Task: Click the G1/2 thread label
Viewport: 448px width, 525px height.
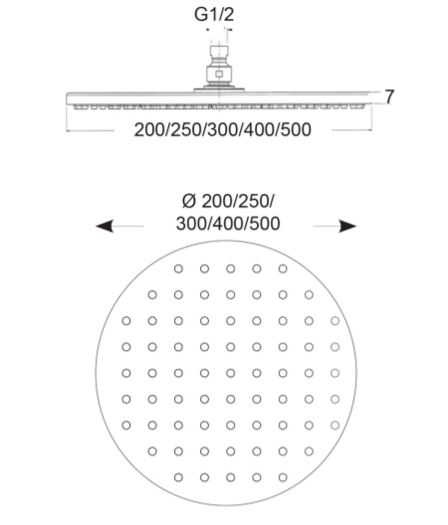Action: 214,14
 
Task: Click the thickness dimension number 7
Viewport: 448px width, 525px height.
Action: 389,96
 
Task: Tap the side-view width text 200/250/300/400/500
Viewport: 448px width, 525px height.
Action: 223,129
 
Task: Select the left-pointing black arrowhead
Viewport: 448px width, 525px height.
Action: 104,226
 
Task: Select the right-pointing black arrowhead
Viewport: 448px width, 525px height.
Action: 347,226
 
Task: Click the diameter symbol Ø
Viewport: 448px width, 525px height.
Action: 189,201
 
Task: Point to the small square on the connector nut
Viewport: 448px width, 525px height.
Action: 219,75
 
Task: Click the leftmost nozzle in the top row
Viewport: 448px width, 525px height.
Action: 178,268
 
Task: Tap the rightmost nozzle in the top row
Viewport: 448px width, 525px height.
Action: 283,268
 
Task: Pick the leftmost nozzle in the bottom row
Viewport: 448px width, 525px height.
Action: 178,477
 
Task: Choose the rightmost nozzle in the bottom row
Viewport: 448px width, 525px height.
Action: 283,477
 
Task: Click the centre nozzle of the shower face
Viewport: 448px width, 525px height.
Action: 230,373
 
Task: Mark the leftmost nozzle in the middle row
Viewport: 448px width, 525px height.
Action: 126,373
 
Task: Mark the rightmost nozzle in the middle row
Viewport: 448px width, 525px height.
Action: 335,373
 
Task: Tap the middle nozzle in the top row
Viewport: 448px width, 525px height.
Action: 230,268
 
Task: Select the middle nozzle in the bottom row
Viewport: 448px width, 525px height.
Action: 230,477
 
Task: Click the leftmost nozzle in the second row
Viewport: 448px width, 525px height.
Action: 152,294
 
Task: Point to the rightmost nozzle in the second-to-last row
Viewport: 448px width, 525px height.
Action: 309,451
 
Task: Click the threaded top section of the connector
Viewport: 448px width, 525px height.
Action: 219,52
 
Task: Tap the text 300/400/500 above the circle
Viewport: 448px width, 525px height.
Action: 228,224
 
